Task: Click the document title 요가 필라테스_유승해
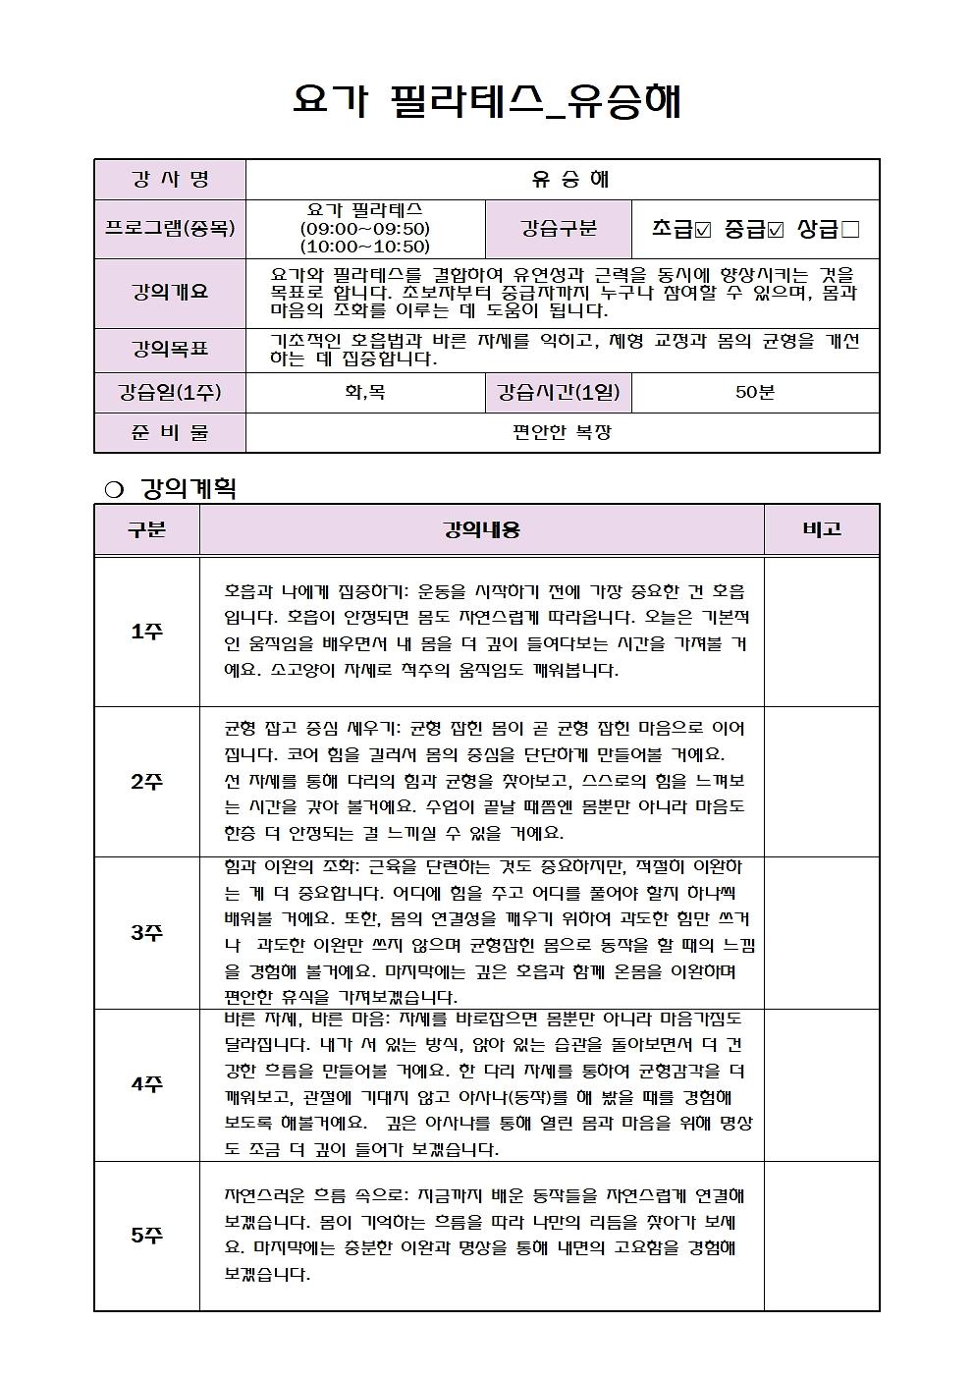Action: point(487,102)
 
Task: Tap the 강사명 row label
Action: point(170,179)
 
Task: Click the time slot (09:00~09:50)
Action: point(365,229)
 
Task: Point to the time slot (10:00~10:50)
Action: point(365,247)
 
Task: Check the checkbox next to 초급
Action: point(703,230)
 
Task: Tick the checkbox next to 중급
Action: point(776,230)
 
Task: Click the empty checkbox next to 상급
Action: point(850,230)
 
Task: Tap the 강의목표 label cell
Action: point(170,349)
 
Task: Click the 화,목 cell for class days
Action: point(365,393)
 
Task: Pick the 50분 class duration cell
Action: point(755,393)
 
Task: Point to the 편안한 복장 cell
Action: point(562,432)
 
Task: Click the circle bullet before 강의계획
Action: point(113,489)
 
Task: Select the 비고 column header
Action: point(822,529)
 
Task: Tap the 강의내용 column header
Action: point(482,529)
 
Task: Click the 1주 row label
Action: point(147,632)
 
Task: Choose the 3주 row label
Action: point(147,932)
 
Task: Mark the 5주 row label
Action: point(147,1236)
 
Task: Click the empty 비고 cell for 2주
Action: point(822,782)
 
